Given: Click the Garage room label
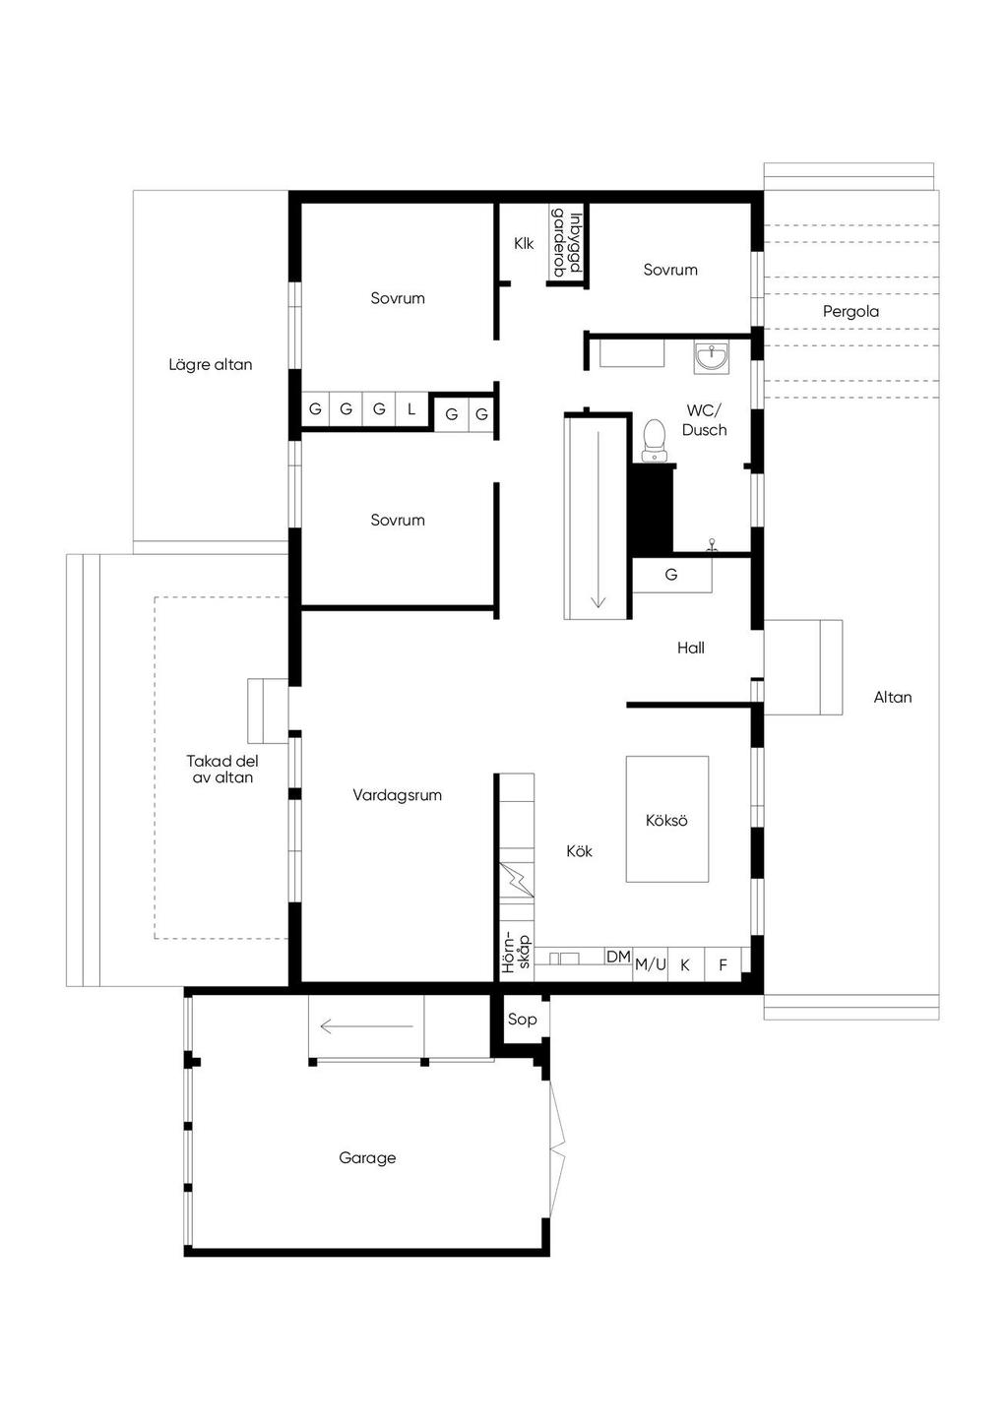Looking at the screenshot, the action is pyautogui.click(x=367, y=1157).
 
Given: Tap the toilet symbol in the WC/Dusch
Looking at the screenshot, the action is pyautogui.click(x=654, y=440).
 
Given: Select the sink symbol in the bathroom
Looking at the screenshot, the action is pyautogui.click(x=712, y=357).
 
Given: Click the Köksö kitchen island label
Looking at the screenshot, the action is pyautogui.click(x=666, y=820).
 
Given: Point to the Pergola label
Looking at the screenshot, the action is pyautogui.click(x=850, y=311).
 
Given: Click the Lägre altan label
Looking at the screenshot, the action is pyautogui.click(x=210, y=364).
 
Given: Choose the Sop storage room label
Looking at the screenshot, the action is pyautogui.click(x=522, y=1020).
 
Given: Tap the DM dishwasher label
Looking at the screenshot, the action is pyautogui.click(x=618, y=957).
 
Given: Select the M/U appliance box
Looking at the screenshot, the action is pyautogui.click(x=651, y=964).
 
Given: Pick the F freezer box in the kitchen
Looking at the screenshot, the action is pyautogui.click(x=723, y=964).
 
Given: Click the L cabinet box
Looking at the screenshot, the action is pyautogui.click(x=411, y=409).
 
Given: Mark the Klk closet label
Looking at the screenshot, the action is pyautogui.click(x=524, y=243).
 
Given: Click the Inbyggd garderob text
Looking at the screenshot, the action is pyautogui.click(x=566, y=244).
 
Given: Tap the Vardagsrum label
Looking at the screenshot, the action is pyautogui.click(x=397, y=794).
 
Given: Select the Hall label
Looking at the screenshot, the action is pyautogui.click(x=690, y=648).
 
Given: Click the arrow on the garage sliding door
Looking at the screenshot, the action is pyautogui.click(x=366, y=1026).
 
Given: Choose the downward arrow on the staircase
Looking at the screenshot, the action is pyautogui.click(x=598, y=519).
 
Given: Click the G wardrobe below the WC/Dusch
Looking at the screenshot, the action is pyautogui.click(x=671, y=575).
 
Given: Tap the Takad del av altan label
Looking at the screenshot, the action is pyautogui.click(x=222, y=769).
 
